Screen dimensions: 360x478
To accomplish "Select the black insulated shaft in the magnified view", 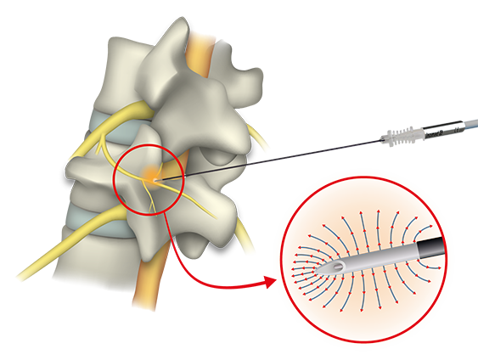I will (x=428, y=247).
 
